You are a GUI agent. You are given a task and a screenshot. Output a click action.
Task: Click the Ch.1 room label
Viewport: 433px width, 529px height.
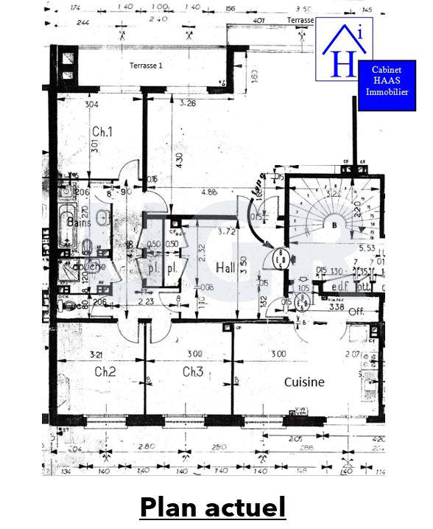(102, 132)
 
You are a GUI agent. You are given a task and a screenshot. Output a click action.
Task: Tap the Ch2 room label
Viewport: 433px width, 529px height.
(105, 372)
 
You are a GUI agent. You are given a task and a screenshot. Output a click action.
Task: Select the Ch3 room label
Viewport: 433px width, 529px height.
(192, 372)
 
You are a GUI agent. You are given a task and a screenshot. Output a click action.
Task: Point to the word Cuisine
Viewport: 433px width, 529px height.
(305, 382)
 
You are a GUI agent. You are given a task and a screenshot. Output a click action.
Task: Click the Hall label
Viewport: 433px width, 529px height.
(225, 267)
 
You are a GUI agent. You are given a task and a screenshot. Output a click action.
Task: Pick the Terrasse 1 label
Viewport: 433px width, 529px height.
(146, 65)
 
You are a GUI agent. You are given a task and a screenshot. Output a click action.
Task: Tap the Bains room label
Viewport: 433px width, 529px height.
(79, 221)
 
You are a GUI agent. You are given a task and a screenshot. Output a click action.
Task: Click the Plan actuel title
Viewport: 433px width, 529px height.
(212, 507)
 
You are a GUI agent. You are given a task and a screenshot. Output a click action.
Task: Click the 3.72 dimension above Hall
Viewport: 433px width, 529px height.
(228, 231)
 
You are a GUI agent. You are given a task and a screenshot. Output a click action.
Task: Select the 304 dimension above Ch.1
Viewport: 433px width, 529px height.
(91, 104)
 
